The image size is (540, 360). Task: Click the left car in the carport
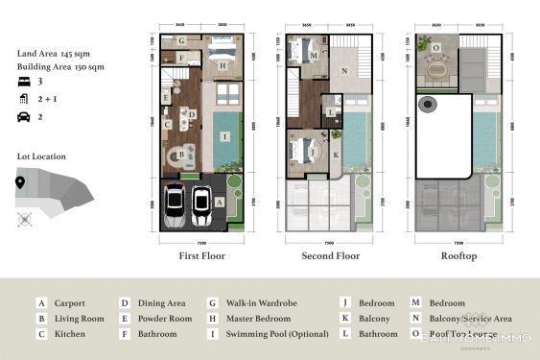pyautogui.click(x=176, y=204)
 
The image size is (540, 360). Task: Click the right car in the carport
pyautogui.click(x=200, y=204)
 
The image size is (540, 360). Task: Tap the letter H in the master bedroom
pyautogui.click(x=223, y=66)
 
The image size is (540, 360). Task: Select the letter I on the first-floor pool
pyautogui.click(x=223, y=136)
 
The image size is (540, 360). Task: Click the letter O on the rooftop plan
pyautogui.click(x=436, y=47)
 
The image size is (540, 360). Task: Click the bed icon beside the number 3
pyautogui.click(x=23, y=83)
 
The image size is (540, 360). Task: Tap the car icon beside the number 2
pyautogui.click(x=23, y=116)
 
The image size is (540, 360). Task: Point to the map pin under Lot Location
pyautogui.click(x=20, y=183)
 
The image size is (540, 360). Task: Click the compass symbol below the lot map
pyautogui.click(x=24, y=219)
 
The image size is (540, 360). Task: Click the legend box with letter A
pyautogui.click(x=41, y=303)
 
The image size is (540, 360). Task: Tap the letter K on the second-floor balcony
pyautogui.click(x=337, y=154)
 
